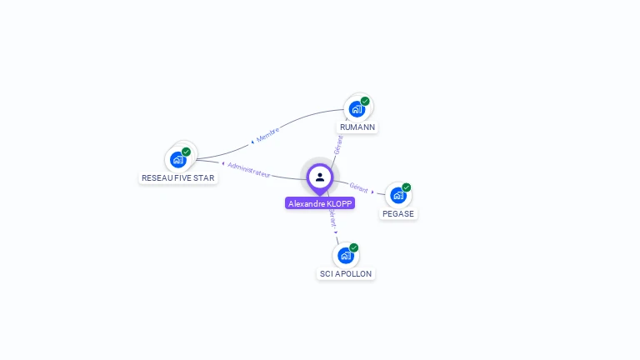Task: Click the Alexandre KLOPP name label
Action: click(x=320, y=203)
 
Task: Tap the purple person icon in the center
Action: click(x=320, y=177)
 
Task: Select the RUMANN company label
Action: click(x=357, y=127)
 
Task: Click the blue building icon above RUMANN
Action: click(x=357, y=109)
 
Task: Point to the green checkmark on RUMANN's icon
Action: click(x=365, y=101)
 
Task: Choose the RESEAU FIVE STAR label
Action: click(x=177, y=177)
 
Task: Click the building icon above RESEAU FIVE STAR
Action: click(x=177, y=159)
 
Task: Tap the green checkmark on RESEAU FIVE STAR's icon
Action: click(x=186, y=152)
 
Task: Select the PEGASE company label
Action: click(x=398, y=213)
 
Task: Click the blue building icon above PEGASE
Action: click(x=397, y=195)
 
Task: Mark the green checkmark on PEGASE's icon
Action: click(x=406, y=187)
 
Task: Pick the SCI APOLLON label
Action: click(x=346, y=273)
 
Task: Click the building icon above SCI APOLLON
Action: click(x=346, y=255)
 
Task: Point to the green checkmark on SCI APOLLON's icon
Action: click(x=354, y=247)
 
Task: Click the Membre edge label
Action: click(x=267, y=133)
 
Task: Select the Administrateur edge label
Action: click(x=248, y=169)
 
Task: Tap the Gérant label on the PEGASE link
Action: click(x=359, y=187)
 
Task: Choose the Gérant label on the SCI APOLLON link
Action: click(x=332, y=219)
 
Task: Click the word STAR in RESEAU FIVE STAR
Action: click(x=202, y=177)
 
